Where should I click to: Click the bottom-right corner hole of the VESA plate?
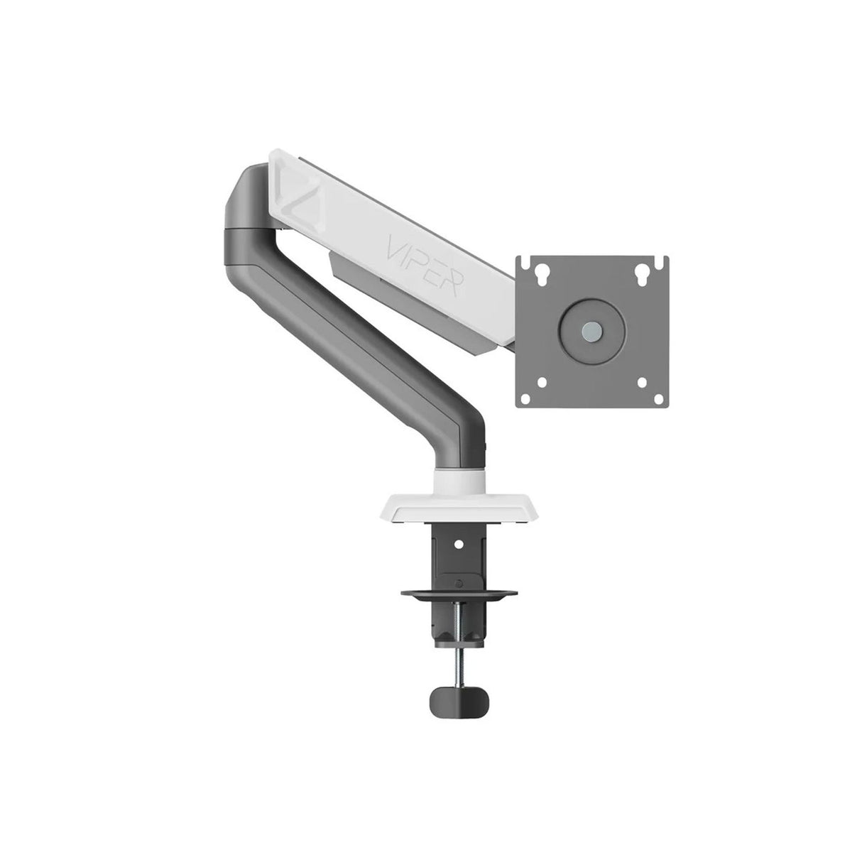(x=643, y=382)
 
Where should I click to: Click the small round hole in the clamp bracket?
(x=458, y=545)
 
